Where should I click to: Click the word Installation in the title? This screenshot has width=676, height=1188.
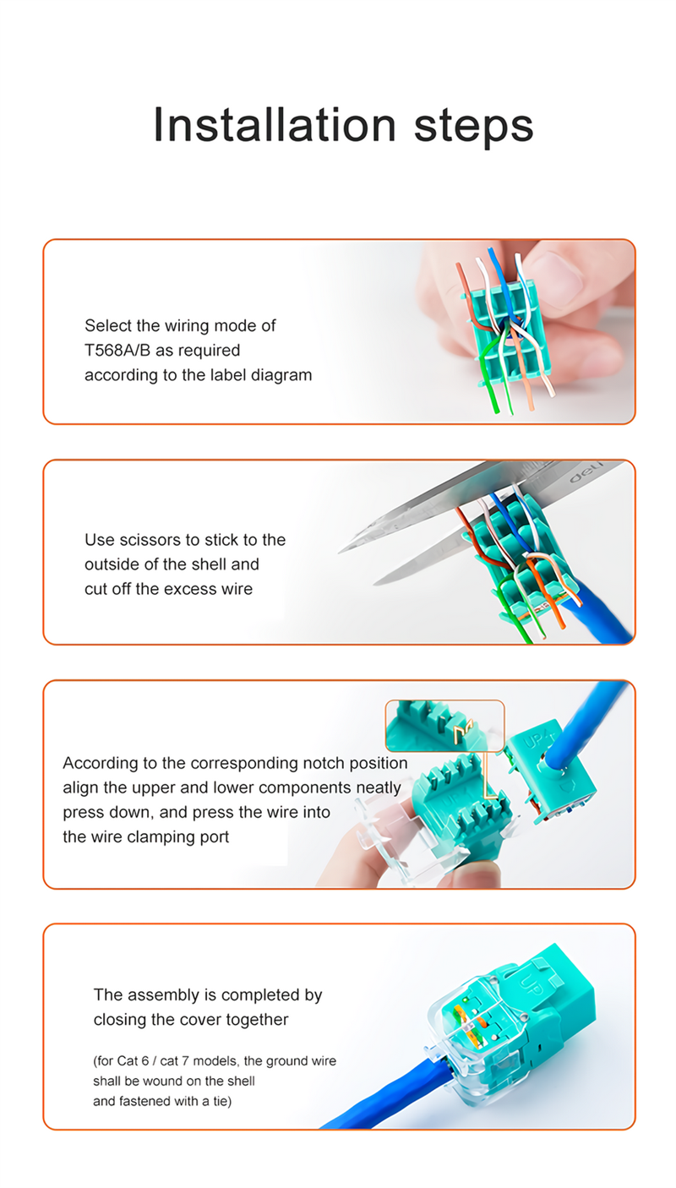[x=275, y=124]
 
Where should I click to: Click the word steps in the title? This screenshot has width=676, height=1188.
[x=473, y=128]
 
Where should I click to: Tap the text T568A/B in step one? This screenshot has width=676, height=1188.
[x=117, y=350]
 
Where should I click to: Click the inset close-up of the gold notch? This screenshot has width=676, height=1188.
[x=444, y=726]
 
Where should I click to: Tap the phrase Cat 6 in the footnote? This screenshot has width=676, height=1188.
[x=134, y=1060]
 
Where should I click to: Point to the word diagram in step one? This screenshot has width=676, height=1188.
[x=281, y=375]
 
